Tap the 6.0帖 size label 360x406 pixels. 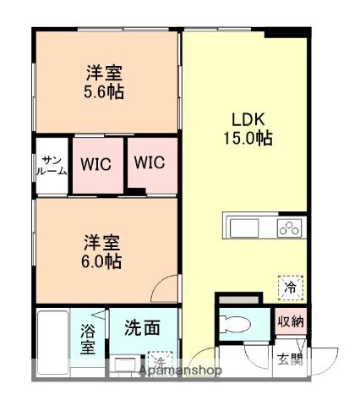point(101,261)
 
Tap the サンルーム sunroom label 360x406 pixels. point(50,164)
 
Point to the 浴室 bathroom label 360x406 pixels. point(88,338)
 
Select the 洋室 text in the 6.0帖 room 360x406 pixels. point(101,243)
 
